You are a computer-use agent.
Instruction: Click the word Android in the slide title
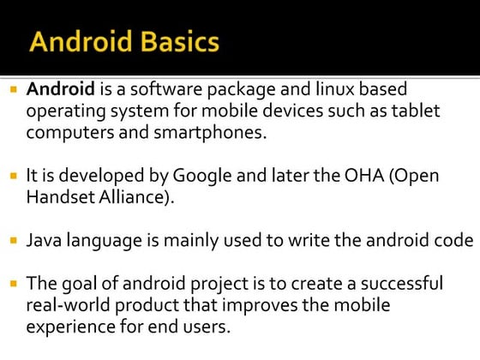click(81, 42)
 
